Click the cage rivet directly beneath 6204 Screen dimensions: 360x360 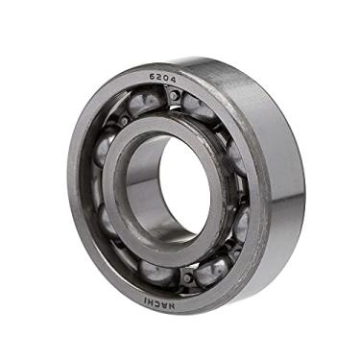pos(174,96)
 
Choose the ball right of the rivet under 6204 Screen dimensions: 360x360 pos(201,108)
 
